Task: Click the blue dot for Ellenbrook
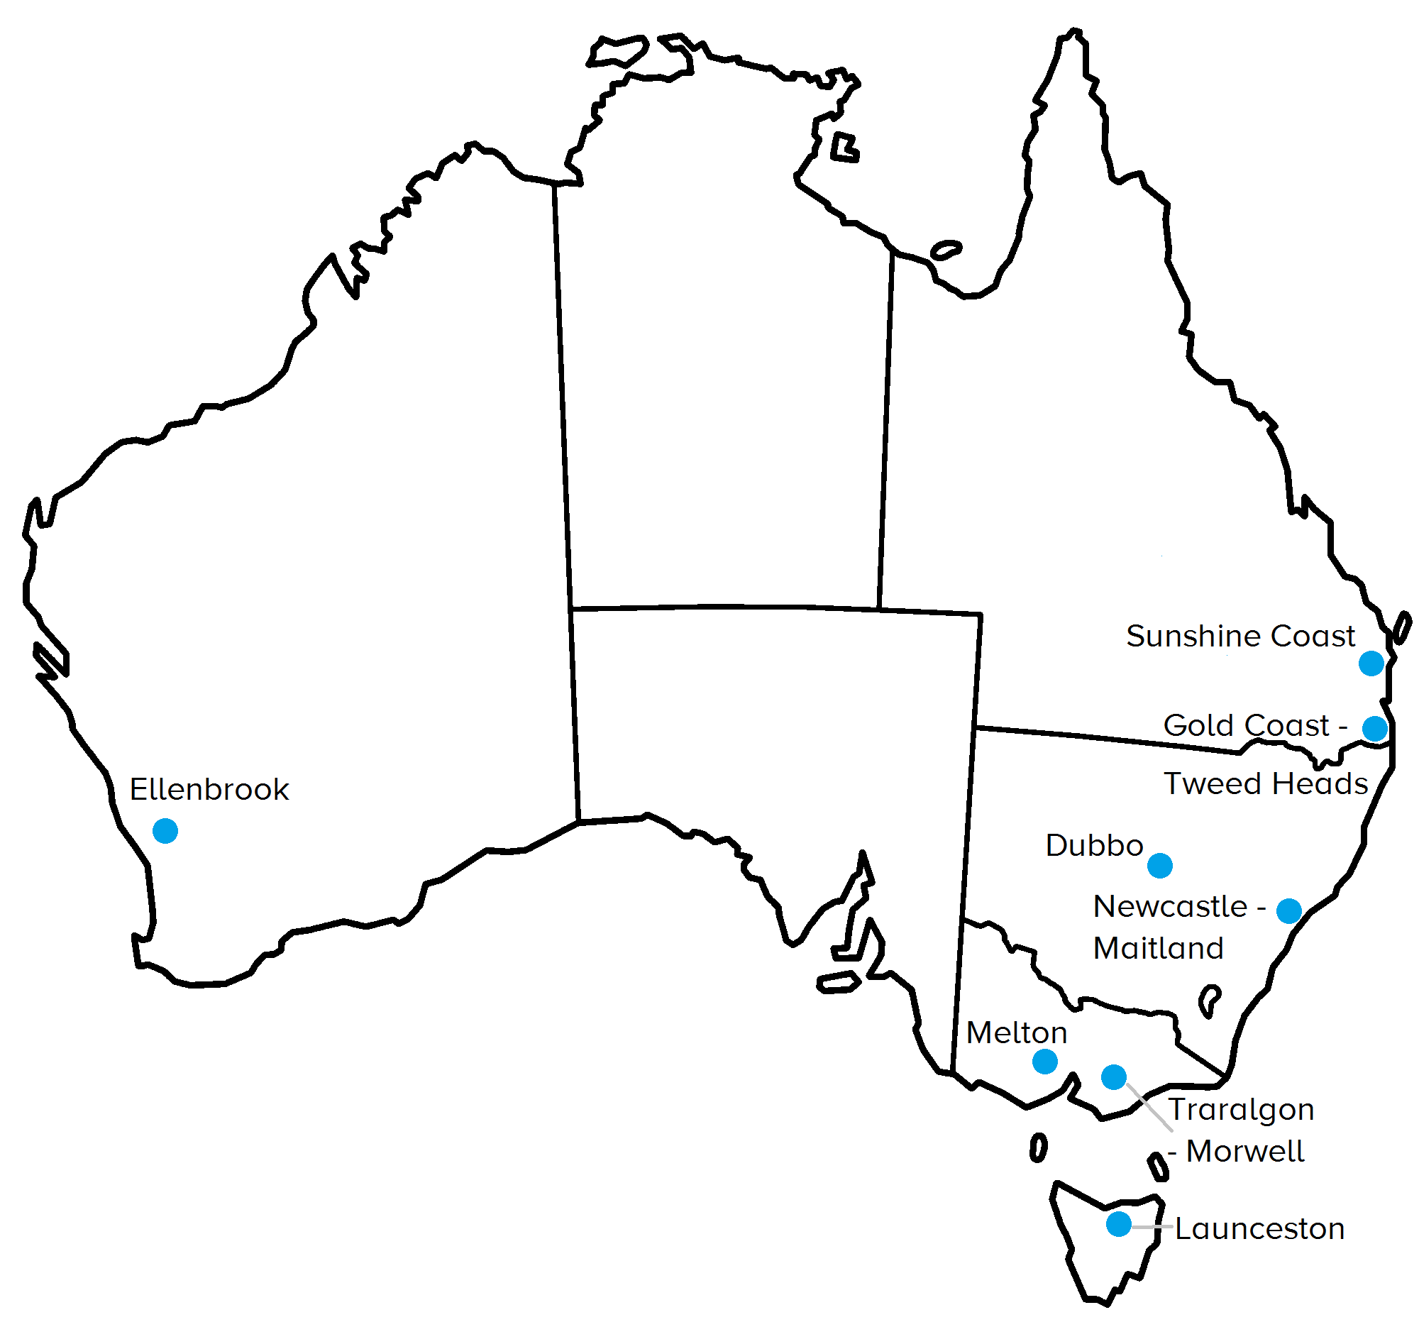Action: (165, 831)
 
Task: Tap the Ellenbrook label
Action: (209, 790)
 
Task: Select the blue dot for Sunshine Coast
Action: (1371, 663)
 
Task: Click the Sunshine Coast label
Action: (1239, 636)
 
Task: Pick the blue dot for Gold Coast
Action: (1374, 728)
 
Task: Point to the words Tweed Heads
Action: (1266, 783)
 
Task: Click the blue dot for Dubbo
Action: (1160, 865)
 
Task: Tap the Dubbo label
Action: (1094, 845)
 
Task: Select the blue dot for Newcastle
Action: (1288, 911)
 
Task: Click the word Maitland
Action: (1158, 948)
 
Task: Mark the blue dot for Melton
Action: (1044, 1062)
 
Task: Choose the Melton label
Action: (1017, 1033)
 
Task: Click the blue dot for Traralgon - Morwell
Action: (1113, 1077)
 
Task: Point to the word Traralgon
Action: (1240, 1110)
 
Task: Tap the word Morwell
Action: (1245, 1152)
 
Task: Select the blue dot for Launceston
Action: (1118, 1224)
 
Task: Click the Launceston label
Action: (1260, 1229)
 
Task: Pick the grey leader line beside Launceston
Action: (1152, 1226)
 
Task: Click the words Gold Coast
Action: (1247, 725)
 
